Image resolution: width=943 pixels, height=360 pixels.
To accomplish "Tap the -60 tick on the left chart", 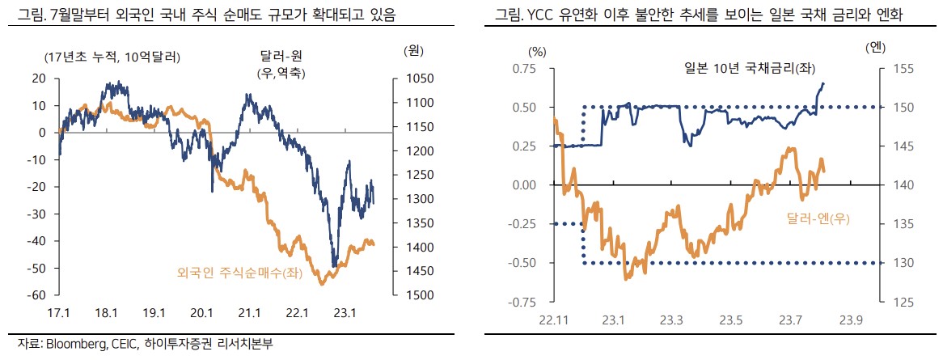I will [x=36, y=295].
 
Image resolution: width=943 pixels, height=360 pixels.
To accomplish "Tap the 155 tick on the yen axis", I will [x=902, y=68].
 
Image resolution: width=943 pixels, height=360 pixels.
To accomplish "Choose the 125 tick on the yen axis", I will [x=902, y=302].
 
